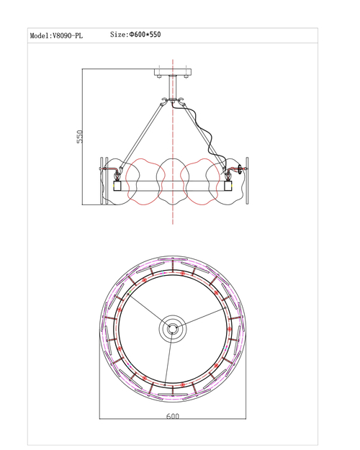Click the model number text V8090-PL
(x=68, y=36)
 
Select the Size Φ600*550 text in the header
(x=135, y=35)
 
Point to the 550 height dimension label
(x=80, y=137)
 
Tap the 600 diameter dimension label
(x=173, y=416)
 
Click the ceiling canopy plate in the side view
(x=173, y=72)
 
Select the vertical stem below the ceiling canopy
(x=173, y=87)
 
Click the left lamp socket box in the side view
(x=117, y=186)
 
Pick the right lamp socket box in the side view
(x=228, y=186)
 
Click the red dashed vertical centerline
(x=173, y=142)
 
